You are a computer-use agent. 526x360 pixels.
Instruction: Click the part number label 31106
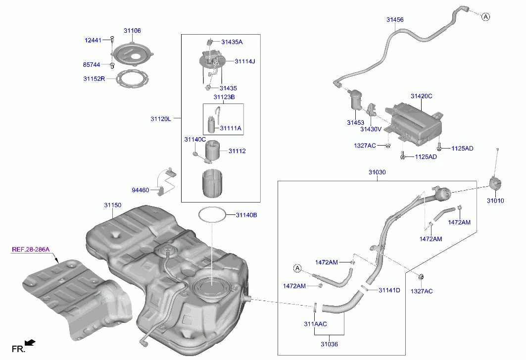point(132,31)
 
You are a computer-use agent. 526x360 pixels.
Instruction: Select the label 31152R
point(94,78)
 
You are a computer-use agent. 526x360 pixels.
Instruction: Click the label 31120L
point(161,119)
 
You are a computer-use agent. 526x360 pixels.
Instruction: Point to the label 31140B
point(246,215)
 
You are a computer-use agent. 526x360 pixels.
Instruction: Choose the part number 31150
point(112,205)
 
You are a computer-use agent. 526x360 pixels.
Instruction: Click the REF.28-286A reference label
point(31,250)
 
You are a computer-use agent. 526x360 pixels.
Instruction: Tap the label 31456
point(395,20)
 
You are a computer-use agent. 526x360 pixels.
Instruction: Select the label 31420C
point(421,96)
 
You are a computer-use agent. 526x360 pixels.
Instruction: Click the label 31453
point(355,122)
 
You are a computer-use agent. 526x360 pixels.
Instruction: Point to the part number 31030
point(377,172)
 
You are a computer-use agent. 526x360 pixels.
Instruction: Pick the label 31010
point(495,201)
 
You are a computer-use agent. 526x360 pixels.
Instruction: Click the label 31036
point(329,344)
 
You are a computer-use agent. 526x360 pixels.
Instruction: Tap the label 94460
point(140,190)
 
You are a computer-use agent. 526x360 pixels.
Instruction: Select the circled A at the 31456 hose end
point(485,17)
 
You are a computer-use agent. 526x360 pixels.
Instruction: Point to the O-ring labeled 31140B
point(212,215)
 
